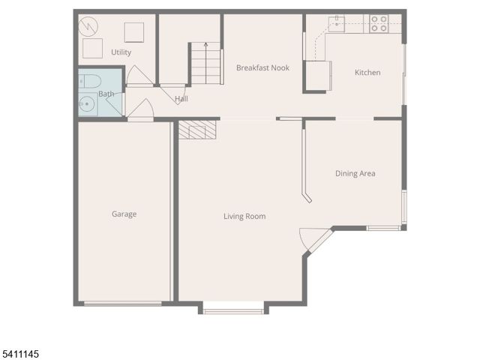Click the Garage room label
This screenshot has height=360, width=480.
[x=124, y=214]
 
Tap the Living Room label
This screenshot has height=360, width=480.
[x=244, y=217]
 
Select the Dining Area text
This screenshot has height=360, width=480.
[x=355, y=174]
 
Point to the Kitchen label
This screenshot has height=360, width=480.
[x=367, y=73]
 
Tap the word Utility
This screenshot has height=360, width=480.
[x=121, y=52]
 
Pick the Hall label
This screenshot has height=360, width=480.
[x=181, y=99]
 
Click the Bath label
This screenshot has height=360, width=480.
[x=106, y=94]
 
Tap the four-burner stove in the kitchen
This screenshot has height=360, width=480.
[x=378, y=24]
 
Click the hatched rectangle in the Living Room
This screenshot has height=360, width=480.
[x=197, y=131]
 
